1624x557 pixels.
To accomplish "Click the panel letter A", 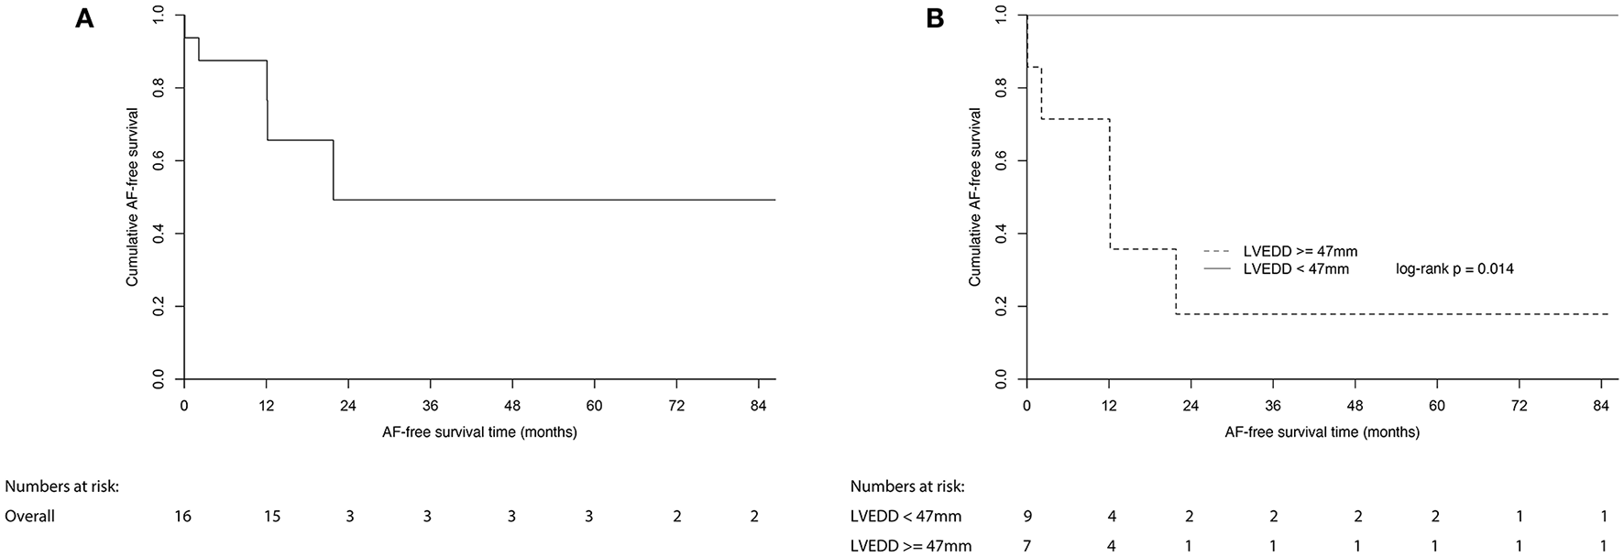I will tap(84, 19).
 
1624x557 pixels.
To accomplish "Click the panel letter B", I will tap(935, 19).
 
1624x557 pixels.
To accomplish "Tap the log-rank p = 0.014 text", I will tap(1454, 269).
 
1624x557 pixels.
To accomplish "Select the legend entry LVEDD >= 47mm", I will tap(1300, 251).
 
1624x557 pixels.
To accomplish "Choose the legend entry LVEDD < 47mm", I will tap(1296, 269).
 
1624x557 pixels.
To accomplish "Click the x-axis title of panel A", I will tap(479, 431).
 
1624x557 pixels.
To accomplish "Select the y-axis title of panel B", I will tap(975, 197).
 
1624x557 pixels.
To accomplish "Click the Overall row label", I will tap(30, 517).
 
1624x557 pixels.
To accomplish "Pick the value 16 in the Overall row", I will tap(183, 517).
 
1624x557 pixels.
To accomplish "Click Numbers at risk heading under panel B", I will tap(907, 486).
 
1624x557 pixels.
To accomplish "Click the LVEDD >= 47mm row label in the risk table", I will tap(911, 547).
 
